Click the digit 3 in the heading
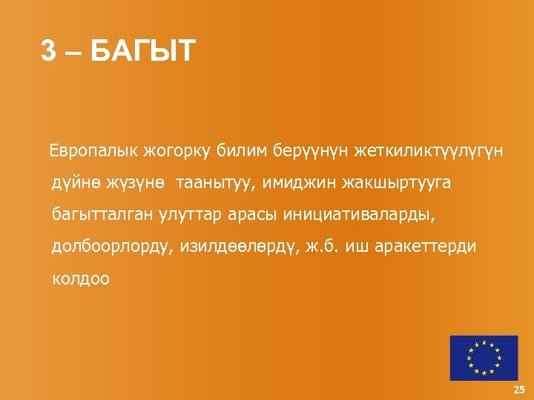(49, 51)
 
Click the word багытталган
(100, 215)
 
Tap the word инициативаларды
(358, 215)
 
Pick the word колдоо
(81, 279)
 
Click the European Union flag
(483, 357)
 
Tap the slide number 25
(518, 390)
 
